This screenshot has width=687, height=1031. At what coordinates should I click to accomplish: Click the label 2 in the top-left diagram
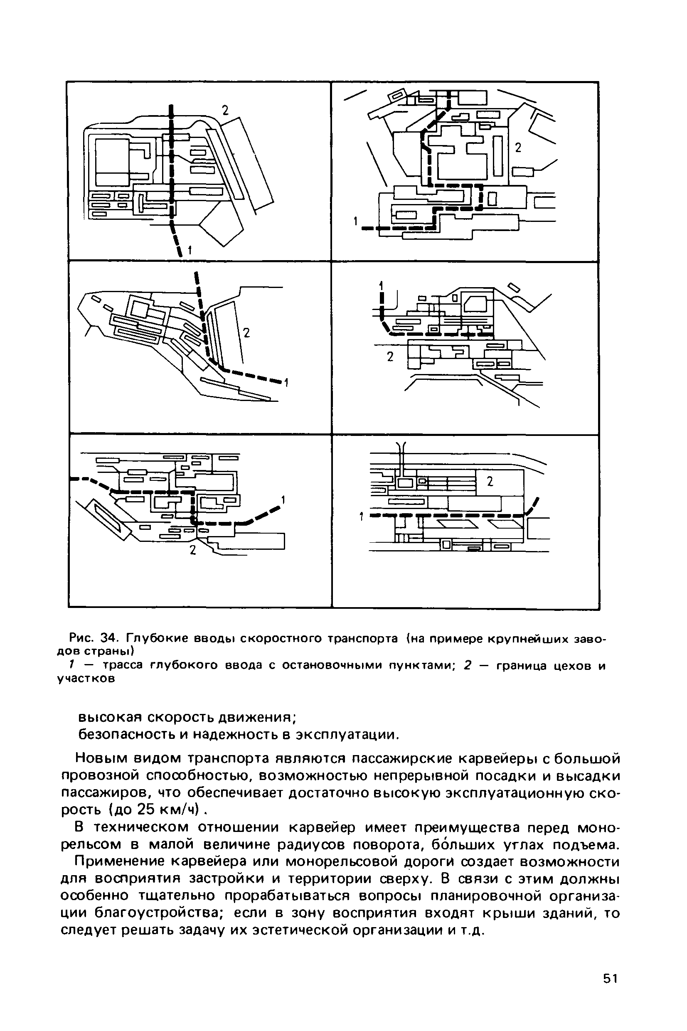225,110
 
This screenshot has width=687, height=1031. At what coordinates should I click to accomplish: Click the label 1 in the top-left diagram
189,251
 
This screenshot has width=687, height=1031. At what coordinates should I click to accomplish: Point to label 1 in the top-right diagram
356,221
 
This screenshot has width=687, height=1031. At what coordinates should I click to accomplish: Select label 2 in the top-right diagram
518,148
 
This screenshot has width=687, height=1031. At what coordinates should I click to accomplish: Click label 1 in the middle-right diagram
381,285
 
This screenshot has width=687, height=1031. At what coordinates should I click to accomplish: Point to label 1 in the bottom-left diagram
283,500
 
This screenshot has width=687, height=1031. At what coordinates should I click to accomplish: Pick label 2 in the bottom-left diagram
192,550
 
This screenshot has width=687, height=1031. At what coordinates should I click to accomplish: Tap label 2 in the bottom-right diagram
490,482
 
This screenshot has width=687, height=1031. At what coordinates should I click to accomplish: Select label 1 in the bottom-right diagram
362,517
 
